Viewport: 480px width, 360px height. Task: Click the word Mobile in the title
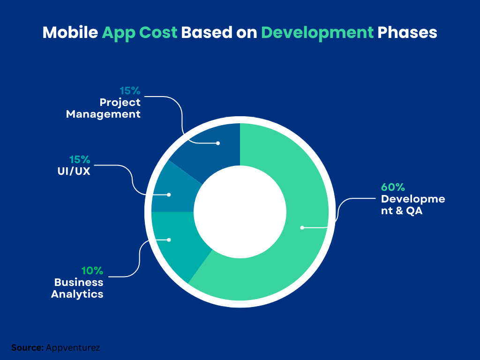point(70,33)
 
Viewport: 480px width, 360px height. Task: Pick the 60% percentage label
point(393,187)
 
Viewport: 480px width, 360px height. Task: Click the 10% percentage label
point(92,271)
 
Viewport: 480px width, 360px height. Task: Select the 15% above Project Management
point(130,90)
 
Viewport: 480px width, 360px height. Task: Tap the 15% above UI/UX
point(80,159)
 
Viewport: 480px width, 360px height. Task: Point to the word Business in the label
point(79,283)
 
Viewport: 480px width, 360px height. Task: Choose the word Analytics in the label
point(77,294)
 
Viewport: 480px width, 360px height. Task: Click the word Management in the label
point(103,114)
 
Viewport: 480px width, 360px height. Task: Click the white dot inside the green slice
point(302,228)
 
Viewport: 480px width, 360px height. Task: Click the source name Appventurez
point(73,348)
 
